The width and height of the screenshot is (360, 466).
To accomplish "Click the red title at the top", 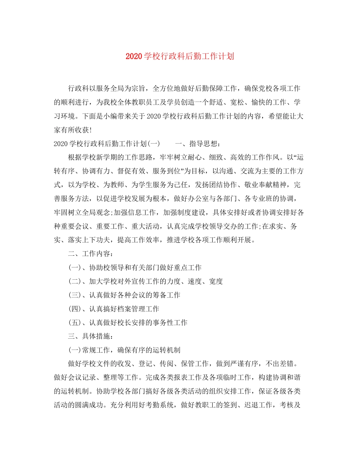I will (x=180, y=56).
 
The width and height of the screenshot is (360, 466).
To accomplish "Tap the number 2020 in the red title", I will (x=133, y=56).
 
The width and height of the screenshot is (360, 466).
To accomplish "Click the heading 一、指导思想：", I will (x=198, y=144).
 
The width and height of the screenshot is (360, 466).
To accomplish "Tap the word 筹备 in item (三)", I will (x=160, y=295).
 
